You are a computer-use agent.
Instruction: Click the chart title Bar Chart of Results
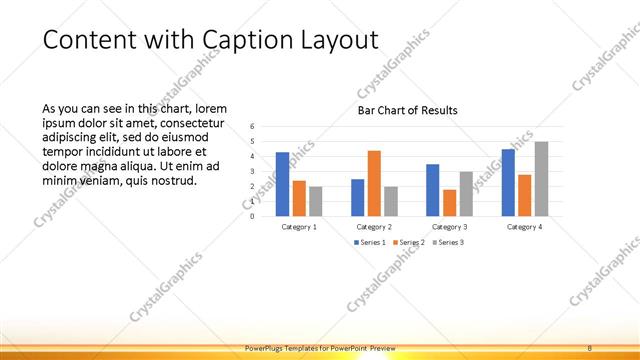(x=407, y=110)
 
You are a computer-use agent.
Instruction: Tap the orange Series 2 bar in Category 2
(x=374, y=183)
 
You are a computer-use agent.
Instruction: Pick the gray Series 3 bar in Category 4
(x=541, y=178)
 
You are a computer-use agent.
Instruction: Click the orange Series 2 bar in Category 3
(x=449, y=203)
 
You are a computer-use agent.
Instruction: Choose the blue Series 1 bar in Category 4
(x=508, y=182)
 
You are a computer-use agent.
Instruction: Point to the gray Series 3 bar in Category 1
(x=316, y=201)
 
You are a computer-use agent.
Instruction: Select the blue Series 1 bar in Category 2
(x=357, y=197)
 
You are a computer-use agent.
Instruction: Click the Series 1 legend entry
(x=370, y=242)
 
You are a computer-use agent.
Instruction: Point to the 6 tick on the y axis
(x=252, y=126)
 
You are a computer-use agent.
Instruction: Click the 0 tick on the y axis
(x=252, y=216)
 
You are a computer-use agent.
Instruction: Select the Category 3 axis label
(x=449, y=227)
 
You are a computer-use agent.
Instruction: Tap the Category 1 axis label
(x=299, y=227)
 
